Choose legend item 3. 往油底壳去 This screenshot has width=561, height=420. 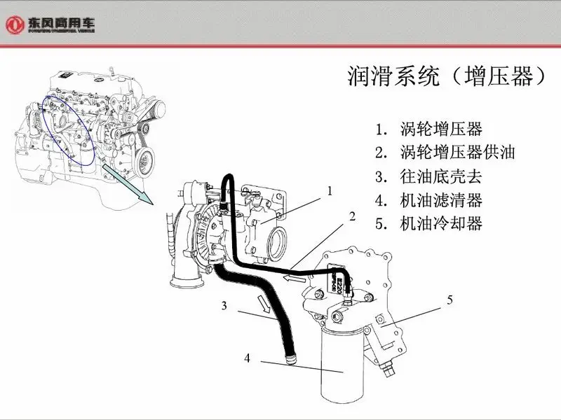428,176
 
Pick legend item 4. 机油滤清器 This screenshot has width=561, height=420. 428,200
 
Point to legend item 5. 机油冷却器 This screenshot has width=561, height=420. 428,224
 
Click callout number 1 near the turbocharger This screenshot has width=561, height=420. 329,190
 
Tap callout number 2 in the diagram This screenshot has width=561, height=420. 352,216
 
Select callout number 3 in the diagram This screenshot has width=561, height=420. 224,305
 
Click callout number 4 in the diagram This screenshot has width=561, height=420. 247,358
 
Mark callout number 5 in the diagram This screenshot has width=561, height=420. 450,300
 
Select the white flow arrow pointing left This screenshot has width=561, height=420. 294,279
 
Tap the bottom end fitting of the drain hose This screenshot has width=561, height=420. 290,360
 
